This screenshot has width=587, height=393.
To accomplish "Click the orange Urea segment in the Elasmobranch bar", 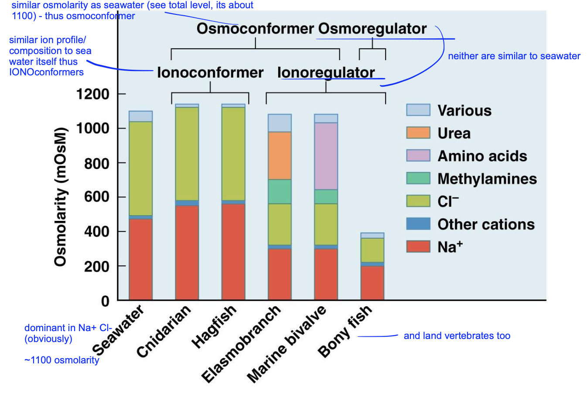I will (280, 156).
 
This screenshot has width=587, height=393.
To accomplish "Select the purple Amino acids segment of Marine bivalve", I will (326, 156).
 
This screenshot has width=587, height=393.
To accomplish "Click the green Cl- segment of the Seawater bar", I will (140, 168).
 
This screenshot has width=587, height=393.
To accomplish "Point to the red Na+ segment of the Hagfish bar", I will (233, 251).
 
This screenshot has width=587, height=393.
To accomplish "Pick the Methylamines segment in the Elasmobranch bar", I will (280, 191).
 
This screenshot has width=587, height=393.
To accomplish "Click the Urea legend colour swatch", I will (418, 133).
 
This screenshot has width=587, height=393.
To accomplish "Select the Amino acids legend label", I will (482, 156).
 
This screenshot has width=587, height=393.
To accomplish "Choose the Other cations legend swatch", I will (418, 224).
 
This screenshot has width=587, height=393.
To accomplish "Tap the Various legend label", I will (464, 111).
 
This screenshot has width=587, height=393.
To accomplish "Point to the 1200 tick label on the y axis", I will (92, 94).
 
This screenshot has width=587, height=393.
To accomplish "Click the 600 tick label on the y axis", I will (96, 197).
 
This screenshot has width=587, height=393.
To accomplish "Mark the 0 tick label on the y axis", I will (105, 301).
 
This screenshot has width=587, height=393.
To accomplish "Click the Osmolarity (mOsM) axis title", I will (61, 196).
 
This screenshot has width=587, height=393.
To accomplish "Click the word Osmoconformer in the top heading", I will (255, 29).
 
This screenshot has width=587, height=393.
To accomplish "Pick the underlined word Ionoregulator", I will (326, 72).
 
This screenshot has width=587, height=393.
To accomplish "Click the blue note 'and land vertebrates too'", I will (457, 336).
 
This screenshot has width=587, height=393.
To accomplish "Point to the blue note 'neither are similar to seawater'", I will (514, 56).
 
